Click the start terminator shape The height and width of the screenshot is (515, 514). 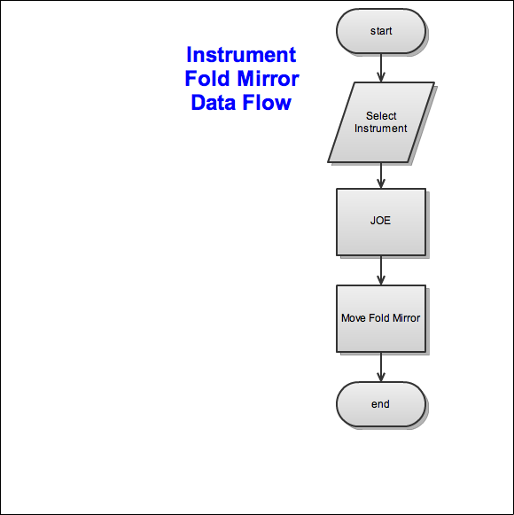[381, 31]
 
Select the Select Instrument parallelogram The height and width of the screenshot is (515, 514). [381, 122]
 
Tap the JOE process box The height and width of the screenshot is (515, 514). [381, 222]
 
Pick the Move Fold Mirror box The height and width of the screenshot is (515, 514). [381, 318]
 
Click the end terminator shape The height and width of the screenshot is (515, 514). [381, 404]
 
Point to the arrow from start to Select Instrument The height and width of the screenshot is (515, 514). [381, 67]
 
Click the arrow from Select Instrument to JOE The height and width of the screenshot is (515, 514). [381, 176]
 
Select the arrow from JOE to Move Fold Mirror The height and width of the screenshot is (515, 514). [381, 270]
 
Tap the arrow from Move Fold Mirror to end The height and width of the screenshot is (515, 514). [381, 367]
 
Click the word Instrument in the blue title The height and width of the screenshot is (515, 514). [241, 55]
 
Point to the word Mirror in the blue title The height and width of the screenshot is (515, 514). [268, 79]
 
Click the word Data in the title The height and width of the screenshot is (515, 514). [214, 103]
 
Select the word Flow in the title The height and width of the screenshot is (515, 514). [267, 103]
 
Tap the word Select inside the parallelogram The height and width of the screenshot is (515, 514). [381, 116]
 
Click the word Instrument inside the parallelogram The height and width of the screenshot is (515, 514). [381, 129]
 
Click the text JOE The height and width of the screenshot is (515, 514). [381, 221]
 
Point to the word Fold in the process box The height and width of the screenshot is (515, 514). [378, 318]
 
